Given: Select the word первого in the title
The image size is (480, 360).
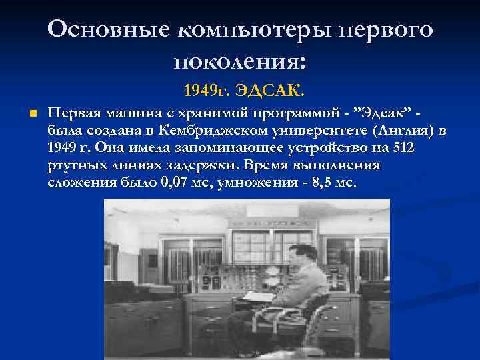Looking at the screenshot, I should point(385,30).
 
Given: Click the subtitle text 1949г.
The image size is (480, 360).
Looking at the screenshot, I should point(204,89).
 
